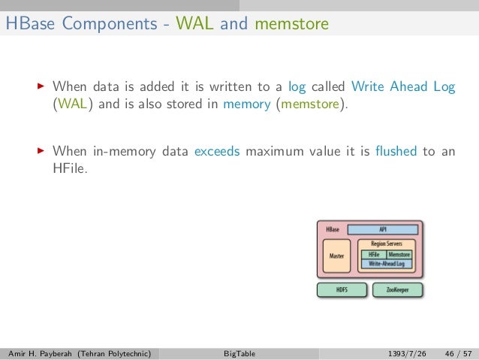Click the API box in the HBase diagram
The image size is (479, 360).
pos(382,229)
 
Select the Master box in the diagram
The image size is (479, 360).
pos(337,256)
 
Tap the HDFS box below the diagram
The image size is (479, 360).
pos(342,289)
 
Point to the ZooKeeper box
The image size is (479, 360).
pos(396,289)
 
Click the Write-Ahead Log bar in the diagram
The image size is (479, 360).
pos(388,264)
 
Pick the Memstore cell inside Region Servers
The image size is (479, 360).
pos(400,255)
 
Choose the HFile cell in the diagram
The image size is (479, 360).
pos(374,255)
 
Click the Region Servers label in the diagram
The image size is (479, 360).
pos(387,245)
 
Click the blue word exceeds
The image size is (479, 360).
pos(217,151)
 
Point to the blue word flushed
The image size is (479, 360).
pos(396,151)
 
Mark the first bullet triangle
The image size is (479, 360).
pos(41,87)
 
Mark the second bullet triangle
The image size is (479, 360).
pos(41,151)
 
